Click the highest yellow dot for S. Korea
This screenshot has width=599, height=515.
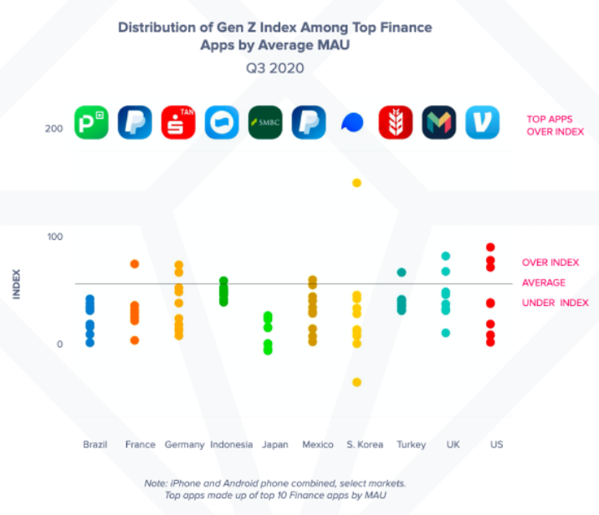pos(356,183)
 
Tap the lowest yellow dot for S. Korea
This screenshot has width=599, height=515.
pos(356,382)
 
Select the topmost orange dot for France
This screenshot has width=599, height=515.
pos(134,264)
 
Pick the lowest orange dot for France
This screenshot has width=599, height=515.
pos(134,340)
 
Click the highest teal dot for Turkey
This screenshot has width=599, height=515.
pos(401,272)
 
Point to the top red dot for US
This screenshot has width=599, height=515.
pos(490,247)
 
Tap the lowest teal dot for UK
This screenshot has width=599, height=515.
pos(445,333)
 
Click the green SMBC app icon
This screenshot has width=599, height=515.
pos(265,123)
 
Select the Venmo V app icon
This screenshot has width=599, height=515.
pos(482,123)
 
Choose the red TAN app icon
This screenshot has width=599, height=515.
pos(178,123)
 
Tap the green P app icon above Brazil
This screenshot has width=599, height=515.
pos(91,123)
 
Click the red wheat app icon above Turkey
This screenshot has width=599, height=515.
pos(396,123)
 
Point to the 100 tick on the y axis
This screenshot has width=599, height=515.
pos(55,237)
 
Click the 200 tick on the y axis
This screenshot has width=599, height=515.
pos(55,129)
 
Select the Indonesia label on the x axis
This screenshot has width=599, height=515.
pos(231,444)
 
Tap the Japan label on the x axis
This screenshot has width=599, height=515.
pos(275,444)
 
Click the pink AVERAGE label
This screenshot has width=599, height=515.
pos(543,283)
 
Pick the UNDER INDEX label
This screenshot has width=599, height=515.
pos(555,303)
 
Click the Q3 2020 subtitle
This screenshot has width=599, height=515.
pos(275,68)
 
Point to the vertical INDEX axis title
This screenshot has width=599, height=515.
pos(16,284)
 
